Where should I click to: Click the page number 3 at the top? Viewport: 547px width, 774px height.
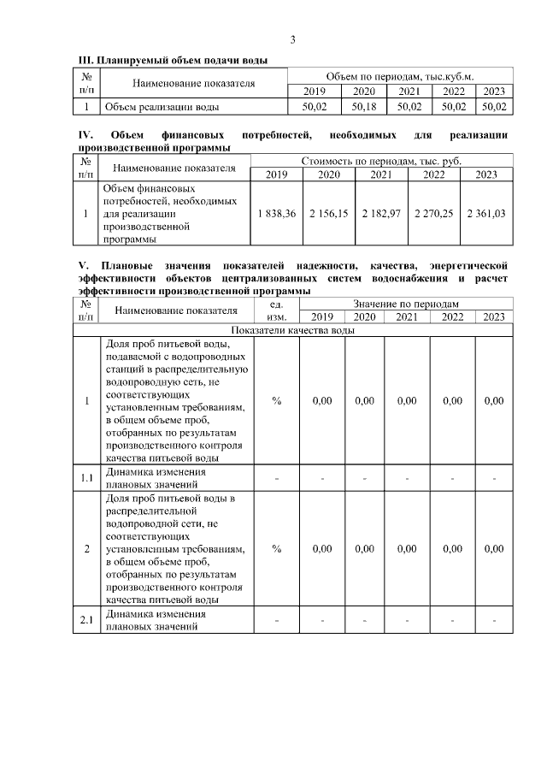[x=292, y=39]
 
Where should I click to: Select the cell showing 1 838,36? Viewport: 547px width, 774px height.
[x=276, y=213]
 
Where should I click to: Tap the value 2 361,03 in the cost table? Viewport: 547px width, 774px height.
[x=486, y=213]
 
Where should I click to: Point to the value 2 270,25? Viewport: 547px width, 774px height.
[x=434, y=213]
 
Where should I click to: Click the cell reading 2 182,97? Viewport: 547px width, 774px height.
[x=381, y=213]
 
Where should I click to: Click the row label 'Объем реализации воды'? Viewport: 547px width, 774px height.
[x=160, y=107]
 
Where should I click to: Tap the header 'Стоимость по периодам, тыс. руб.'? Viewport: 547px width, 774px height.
[x=380, y=161]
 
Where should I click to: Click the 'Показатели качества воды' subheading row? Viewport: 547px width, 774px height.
[x=291, y=330]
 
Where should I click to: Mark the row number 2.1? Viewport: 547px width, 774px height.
[x=86, y=620]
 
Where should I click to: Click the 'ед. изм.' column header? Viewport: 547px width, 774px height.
[x=277, y=310]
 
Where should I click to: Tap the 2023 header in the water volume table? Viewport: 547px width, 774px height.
[x=494, y=92]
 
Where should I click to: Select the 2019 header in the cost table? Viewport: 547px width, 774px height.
[x=276, y=174]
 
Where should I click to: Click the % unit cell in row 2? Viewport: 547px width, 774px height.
[x=277, y=548]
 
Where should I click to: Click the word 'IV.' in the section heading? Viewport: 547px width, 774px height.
[x=86, y=135]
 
